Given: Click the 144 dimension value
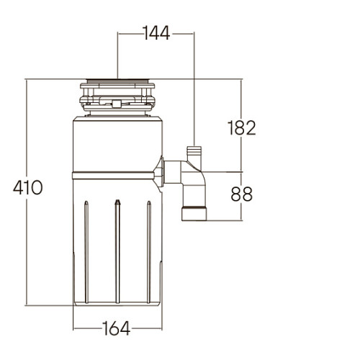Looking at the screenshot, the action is [156, 33].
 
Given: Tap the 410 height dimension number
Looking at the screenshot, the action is [28, 188].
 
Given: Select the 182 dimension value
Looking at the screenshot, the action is [241, 127].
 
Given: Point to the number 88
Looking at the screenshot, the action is [241, 194].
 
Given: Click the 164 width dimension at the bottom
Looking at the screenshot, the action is [117, 328].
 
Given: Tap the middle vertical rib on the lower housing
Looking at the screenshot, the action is [117, 251].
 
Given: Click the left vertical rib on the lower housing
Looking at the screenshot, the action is [86, 252].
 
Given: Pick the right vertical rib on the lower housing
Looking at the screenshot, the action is [149, 252].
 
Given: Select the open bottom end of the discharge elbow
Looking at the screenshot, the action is [194, 213].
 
